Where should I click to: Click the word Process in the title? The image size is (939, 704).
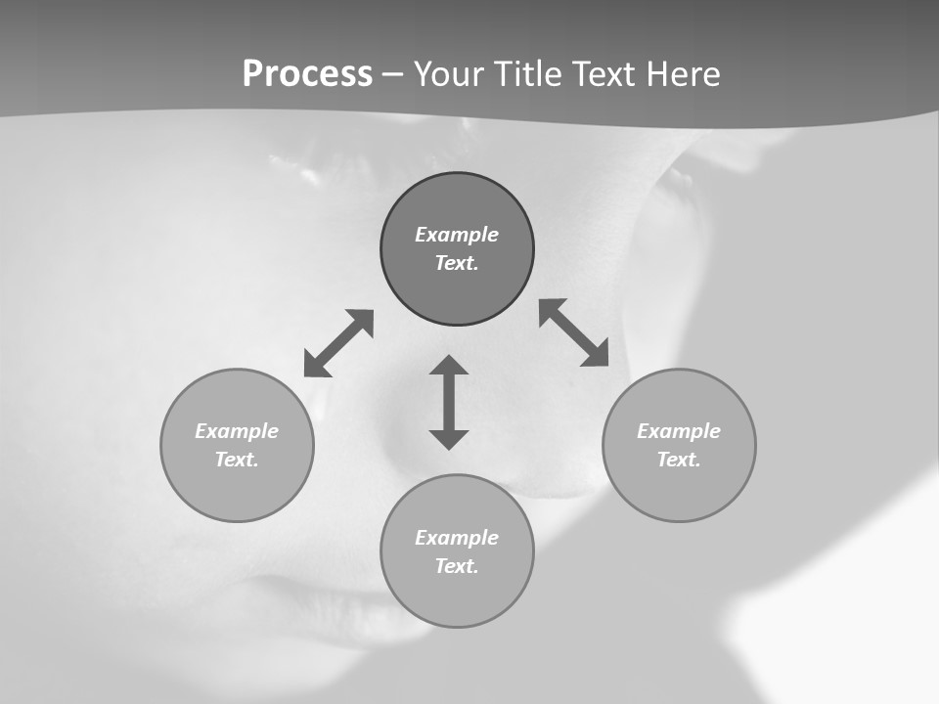point(307,74)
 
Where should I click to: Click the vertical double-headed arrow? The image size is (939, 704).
point(449,402)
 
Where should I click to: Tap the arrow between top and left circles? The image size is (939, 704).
point(338,343)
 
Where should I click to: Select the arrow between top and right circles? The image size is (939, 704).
point(573,332)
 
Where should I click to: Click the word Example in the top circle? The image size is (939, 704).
point(457,235)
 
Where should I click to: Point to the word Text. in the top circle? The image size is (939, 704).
point(457,263)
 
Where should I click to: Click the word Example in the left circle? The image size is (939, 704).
point(237,431)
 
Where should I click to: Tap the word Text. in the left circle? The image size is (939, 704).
point(237,460)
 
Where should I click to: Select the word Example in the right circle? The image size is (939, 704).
point(679,431)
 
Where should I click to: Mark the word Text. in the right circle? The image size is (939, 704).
point(679,460)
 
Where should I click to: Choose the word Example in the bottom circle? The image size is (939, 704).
point(457,538)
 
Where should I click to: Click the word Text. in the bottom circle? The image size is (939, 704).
point(457,566)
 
